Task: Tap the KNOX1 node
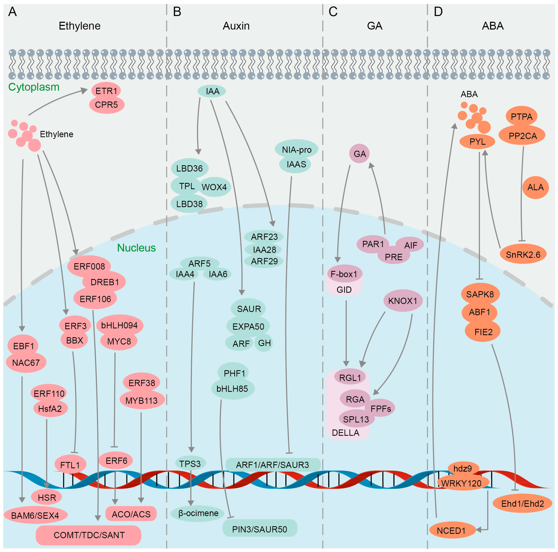403,301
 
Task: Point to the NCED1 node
451,531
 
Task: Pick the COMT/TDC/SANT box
89,535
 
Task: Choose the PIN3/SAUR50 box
259,529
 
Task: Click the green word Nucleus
136,248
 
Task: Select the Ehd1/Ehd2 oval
522,504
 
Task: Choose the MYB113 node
142,401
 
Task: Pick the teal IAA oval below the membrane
212,91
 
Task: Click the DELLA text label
345,433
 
